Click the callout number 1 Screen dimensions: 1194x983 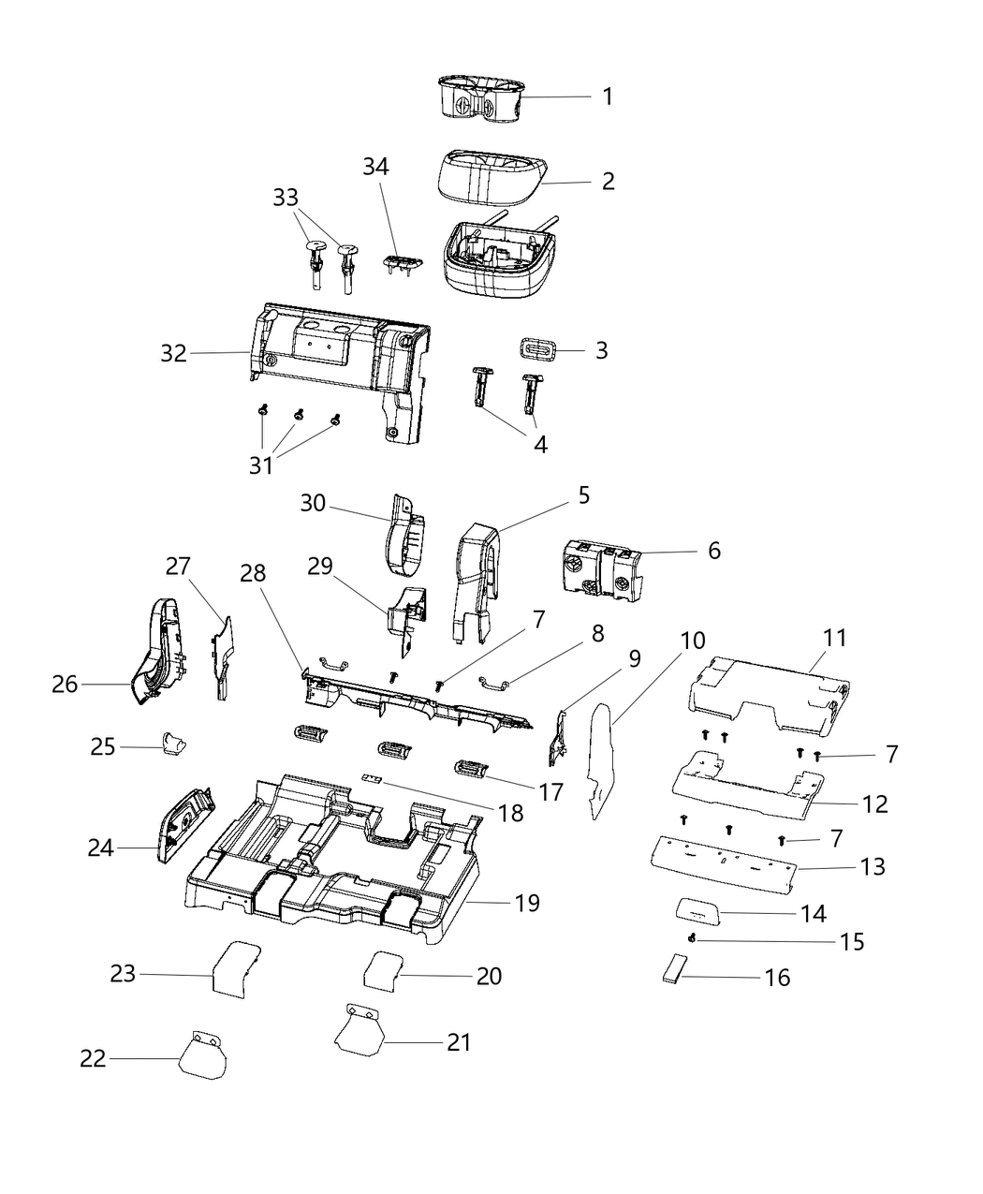click(x=608, y=96)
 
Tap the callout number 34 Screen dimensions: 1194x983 click(x=377, y=167)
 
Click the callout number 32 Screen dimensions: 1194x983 click(x=173, y=353)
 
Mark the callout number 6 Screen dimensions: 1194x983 click(x=714, y=551)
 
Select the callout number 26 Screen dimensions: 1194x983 click(x=65, y=685)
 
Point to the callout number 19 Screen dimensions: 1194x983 click(x=527, y=903)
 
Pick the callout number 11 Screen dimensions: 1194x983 click(x=835, y=639)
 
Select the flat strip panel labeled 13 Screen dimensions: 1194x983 click(x=716, y=858)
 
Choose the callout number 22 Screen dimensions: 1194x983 click(x=93, y=1059)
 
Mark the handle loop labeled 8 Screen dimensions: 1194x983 click(x=497, y=683)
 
